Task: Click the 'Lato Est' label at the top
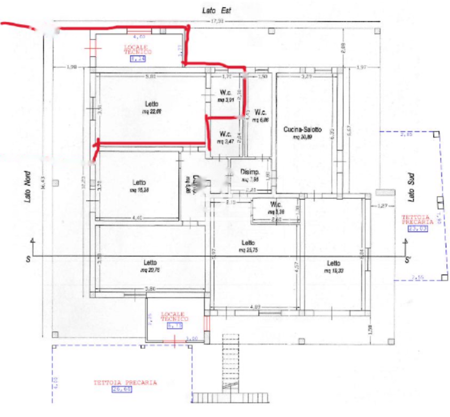click(x=216, y=10)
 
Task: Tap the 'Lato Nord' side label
click(x=27, y=186)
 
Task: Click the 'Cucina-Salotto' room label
click(x=302, y=130)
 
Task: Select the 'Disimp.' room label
click(x=250, y=172)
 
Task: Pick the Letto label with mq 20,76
click(x=150, y=262)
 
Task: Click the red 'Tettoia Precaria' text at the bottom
click(x=125, y=382)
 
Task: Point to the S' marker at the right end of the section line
click(x=407, y=260)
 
